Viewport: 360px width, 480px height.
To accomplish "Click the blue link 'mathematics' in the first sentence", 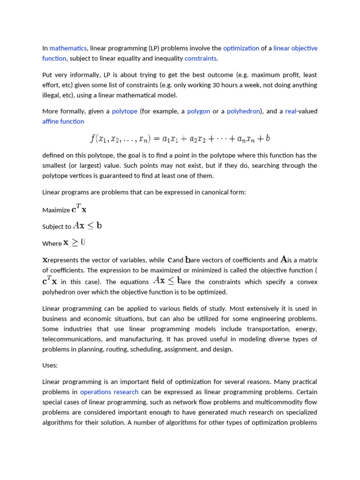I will tap(68, 48).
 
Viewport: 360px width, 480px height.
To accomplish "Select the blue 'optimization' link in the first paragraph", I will tap(241, 48).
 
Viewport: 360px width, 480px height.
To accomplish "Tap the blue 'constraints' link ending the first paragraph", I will tap(201, 59).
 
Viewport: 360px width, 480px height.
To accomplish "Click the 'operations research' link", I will tap(109, 392).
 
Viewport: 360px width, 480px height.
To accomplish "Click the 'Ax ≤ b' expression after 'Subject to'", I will tap(88, 225).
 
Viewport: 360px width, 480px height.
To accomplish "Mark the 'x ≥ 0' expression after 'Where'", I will tap(74, 242).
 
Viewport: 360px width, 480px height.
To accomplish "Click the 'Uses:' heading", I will tap(50, 365).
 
